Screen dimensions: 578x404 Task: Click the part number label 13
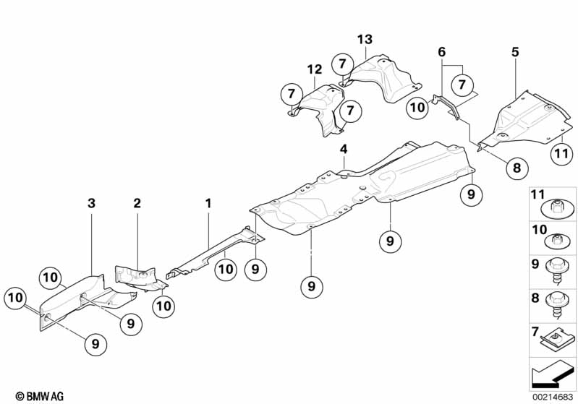[365, 39]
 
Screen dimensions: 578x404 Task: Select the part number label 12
[315, 69]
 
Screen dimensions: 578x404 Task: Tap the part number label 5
[515, 52]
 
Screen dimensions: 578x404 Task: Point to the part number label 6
[441, 52]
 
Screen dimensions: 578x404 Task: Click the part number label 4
[344, 149]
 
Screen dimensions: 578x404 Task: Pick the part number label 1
[208, 203]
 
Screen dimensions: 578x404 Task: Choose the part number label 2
[137, 203]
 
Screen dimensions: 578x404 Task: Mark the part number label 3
[91, 203]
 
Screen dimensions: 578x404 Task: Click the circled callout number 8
[517, 168]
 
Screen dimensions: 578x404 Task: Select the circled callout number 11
[561, 153]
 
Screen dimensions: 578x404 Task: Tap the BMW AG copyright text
[40, 396]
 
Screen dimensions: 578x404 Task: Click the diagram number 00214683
[553, 397]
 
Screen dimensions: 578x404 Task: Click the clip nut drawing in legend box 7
[557, 341]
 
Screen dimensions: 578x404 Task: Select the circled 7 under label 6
[462, 85]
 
